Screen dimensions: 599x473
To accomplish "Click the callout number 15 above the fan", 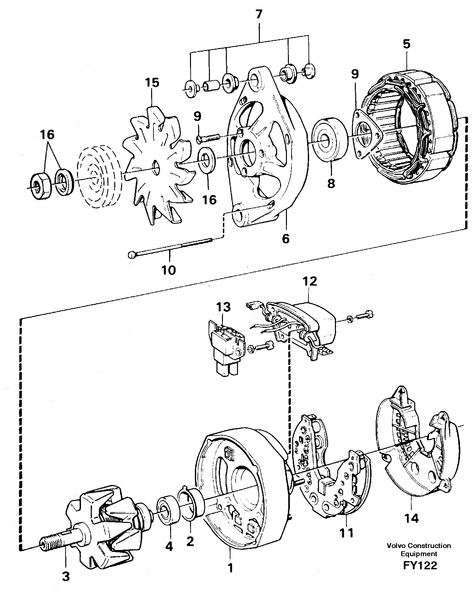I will [x=152, y=82].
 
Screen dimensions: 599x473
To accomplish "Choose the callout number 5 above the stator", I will [x=406, y=44].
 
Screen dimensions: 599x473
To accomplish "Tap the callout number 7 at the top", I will [x=259, y=15].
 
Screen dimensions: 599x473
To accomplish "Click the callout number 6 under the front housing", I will [x=286, y=239].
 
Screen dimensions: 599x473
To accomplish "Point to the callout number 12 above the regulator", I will [x=309, y=281].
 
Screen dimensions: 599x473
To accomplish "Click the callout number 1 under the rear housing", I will [x=230, y=568].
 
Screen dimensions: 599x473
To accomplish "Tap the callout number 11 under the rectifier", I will [x=346, y=533].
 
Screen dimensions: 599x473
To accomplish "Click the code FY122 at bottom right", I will [x=419, y=565].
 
